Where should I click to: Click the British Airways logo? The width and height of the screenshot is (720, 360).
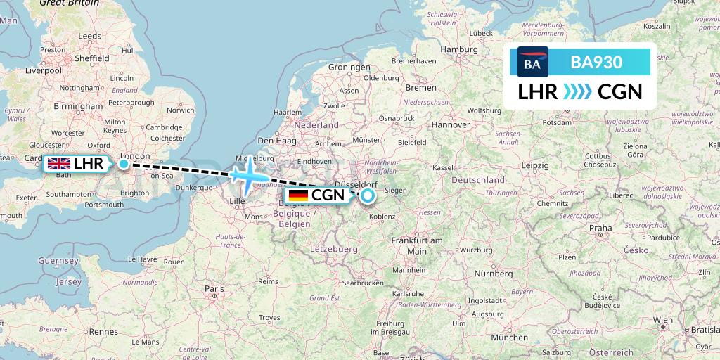point(532,62)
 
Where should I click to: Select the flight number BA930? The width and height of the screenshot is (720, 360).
point(596,62)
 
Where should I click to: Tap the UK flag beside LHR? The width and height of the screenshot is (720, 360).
point(58,165)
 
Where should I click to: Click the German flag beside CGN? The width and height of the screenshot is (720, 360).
point(298,195)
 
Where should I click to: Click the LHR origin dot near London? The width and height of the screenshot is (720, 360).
point(124,165)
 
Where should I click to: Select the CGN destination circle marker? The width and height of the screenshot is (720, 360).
point(367,195)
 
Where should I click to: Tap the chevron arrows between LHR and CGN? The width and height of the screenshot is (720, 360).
point(577,92)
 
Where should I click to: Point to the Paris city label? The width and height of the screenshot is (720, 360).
point(214,289)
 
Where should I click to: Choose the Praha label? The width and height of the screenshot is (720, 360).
point(600,228)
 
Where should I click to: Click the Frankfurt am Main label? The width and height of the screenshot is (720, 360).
point(417,246)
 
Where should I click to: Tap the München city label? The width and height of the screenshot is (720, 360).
point(510,337)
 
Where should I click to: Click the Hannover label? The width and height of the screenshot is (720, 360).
point(451,124)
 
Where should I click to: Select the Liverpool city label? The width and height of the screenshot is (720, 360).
point(44,71)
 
